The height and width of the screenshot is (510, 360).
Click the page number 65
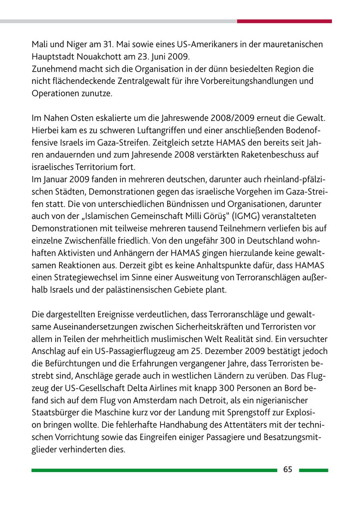point(288,470)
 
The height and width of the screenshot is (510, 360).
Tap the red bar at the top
point(284,21)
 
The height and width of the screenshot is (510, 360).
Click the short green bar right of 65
point(313,470)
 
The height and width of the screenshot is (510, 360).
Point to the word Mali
point(39,44)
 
